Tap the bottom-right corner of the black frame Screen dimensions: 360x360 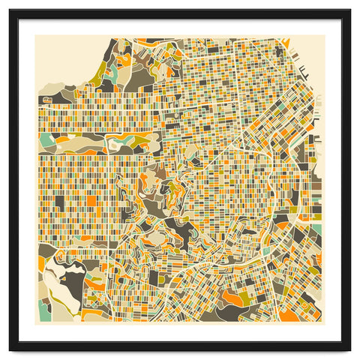[x=349, y=349]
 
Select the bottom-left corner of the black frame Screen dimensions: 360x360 [x=10, y=349]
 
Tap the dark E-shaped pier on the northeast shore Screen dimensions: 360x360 [x=304, y=73]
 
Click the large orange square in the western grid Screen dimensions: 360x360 [x=91, y=201]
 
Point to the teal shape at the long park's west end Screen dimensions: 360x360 [x=46, y=140]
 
